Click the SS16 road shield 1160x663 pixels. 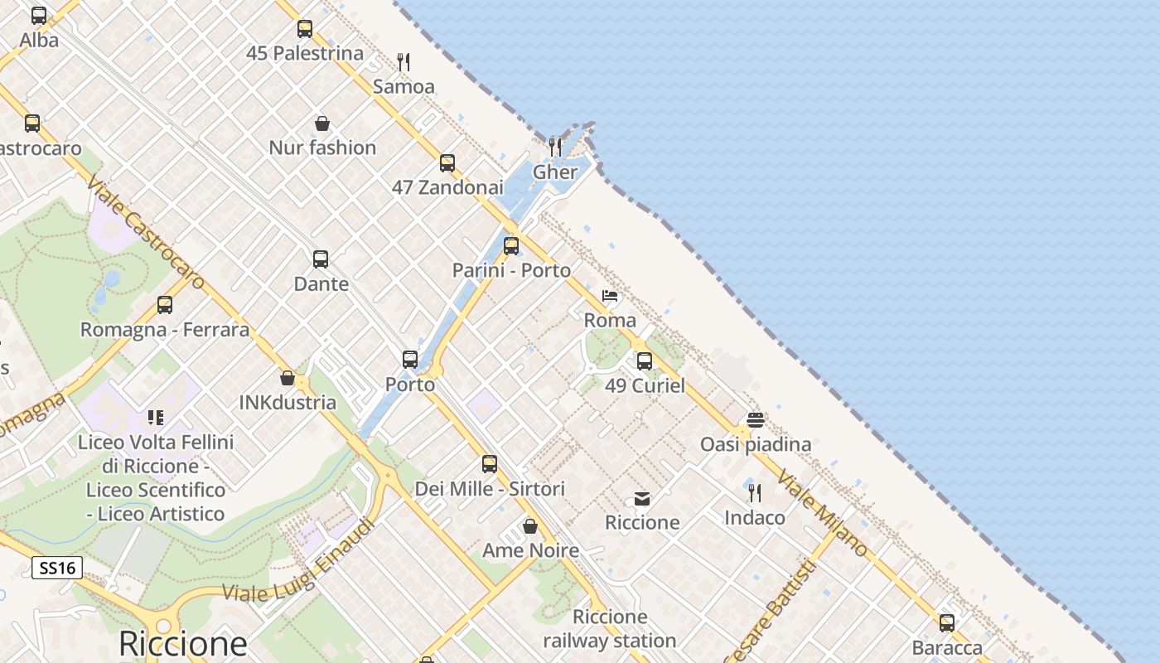coord(57,568)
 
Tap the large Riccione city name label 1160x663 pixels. coord(182,643)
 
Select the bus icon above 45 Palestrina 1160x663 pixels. coord(305,29)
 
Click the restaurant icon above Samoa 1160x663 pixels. coord(404,61)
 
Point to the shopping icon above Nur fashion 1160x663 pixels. coord(322,123)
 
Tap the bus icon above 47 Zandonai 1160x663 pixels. coord(447,163)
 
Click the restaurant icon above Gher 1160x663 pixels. coord(555,148)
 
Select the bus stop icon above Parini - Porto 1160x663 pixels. coord(511,246)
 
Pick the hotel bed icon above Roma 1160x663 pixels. coord(611,296)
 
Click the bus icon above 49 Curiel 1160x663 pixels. coord(645,361)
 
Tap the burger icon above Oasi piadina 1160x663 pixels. coord(755,419)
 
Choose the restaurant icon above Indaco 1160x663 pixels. coord(755,493)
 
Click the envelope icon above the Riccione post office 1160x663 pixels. coord(642,498)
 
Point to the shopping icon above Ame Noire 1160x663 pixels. coord(530,526)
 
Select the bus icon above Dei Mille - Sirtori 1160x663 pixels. coord(490,464)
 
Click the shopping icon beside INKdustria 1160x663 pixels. coord(288,379)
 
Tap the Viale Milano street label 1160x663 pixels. coord(823,514)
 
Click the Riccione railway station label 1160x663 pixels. coord(610,629)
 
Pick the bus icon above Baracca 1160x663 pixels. coord(947,623)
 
